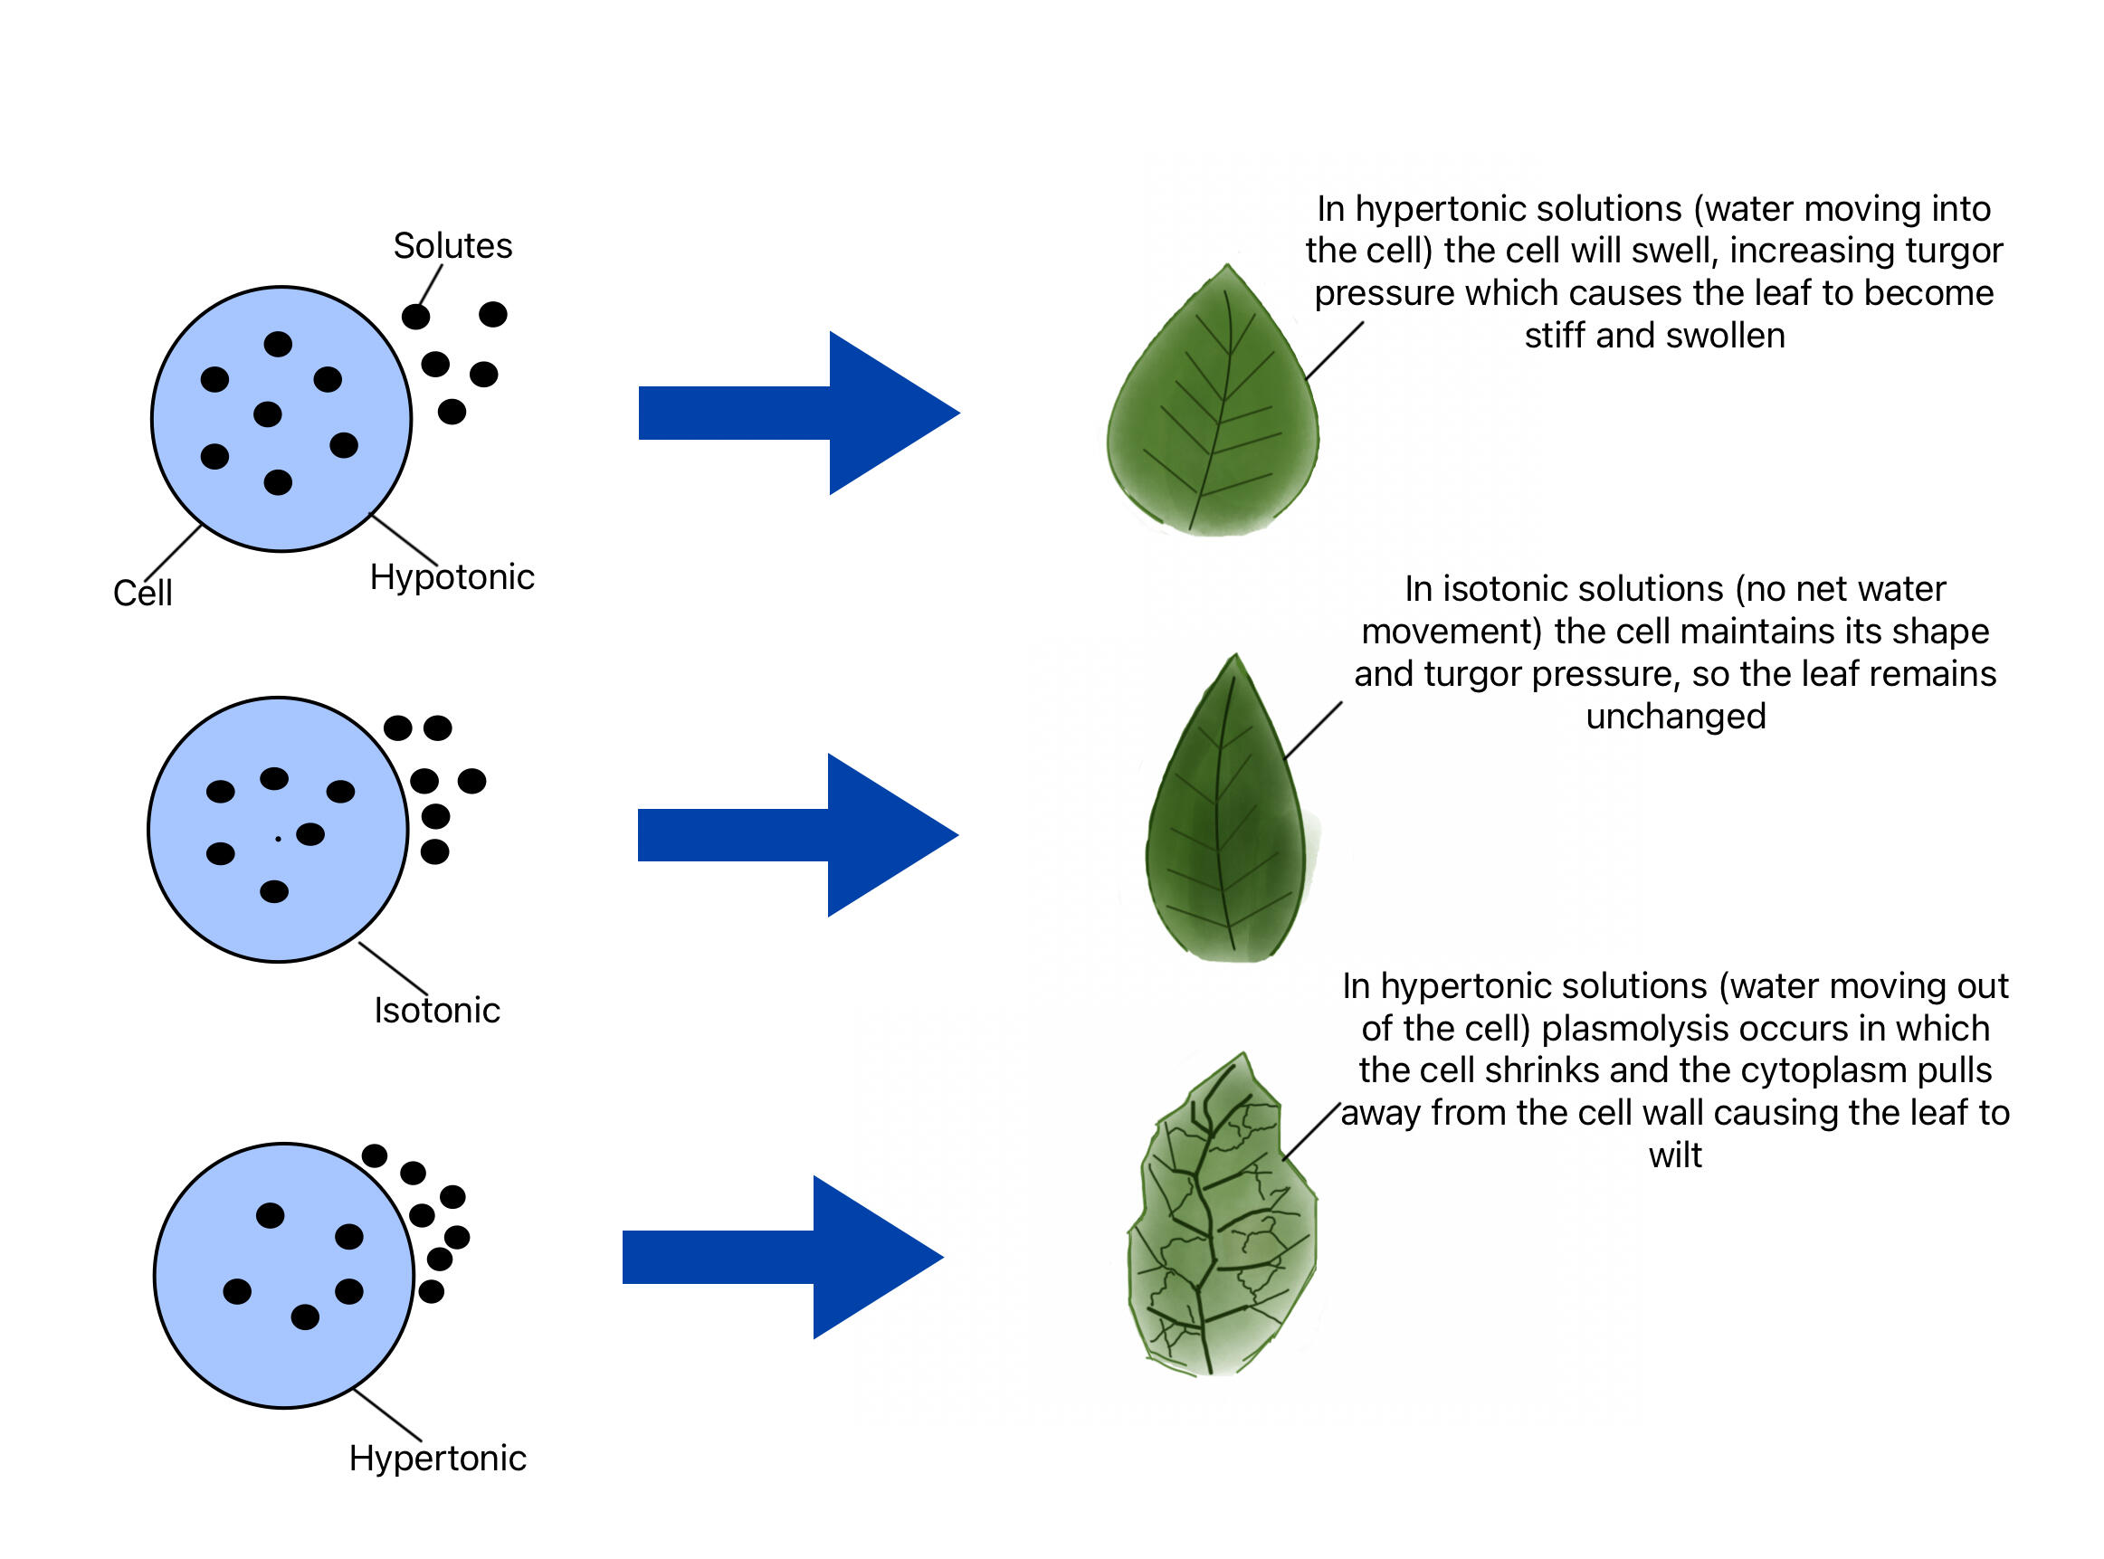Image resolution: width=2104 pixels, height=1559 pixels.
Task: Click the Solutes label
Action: [452, 246]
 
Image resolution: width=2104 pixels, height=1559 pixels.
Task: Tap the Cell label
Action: [143, 594]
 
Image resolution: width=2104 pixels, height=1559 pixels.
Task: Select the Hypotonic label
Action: [452, 577]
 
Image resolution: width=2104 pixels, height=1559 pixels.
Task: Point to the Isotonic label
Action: [436, 1011]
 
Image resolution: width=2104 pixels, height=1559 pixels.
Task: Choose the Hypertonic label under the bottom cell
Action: [437, 1459]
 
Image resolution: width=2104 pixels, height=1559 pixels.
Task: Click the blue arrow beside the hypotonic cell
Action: [797, 414]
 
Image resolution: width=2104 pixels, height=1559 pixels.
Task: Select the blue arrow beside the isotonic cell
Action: [797, 835]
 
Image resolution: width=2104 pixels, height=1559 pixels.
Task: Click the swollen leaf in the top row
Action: [1213, 415]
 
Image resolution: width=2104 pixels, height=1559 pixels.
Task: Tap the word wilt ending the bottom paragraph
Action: [1675, 1156]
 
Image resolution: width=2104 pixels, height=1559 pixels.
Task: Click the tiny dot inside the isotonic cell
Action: [278, 839]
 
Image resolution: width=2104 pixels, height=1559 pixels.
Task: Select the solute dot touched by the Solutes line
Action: [415, 317]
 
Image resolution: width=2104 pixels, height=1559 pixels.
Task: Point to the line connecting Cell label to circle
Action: [174, 553]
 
